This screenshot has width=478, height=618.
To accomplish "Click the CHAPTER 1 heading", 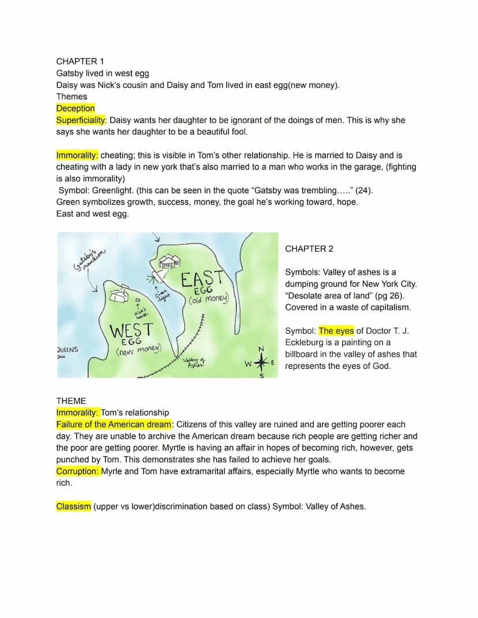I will pos(77,61).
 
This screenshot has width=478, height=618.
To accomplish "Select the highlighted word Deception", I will pos(76,108).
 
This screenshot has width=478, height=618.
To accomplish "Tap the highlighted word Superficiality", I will pos(81,120).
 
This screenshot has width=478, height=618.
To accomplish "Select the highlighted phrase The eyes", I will pos(336,331).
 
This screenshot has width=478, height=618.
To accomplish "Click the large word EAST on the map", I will pos(201,279).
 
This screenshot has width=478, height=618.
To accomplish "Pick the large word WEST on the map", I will pos(131,331).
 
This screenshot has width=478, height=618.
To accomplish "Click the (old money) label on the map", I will pos(209,299).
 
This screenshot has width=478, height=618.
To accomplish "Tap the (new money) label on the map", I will pos(139,350).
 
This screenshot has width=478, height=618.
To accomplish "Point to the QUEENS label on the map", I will pos(68,350).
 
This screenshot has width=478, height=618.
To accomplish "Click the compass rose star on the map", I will pos(262,364).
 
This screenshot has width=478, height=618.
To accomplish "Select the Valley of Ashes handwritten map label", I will pos(195,363).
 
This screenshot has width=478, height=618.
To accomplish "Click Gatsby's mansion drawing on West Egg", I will pos(120,294).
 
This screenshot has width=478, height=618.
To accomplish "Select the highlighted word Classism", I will pos(73,507).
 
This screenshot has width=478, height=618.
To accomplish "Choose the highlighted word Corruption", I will pos(77,471).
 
